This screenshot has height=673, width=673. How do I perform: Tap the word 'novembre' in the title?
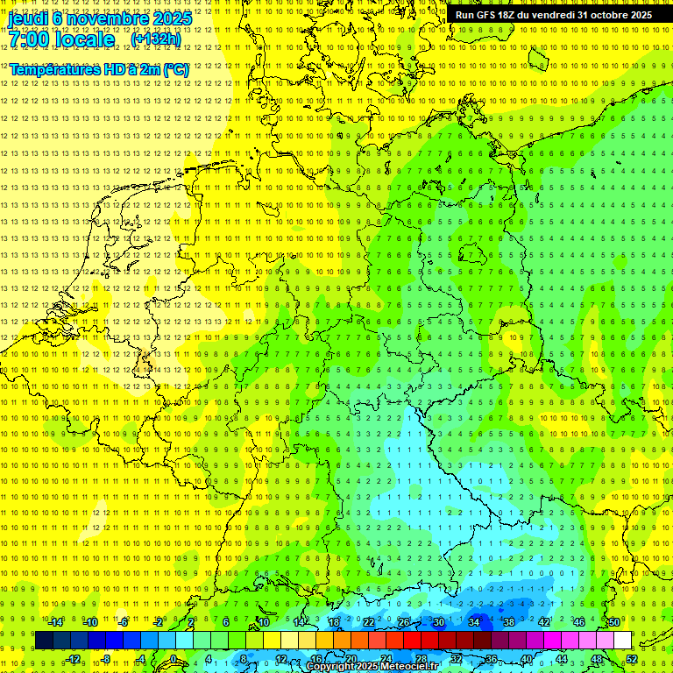click(x=105, y=18)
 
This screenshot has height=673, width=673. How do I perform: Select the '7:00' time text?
click(x=30, y=39)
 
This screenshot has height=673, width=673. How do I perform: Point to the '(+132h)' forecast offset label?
click(x=156, y=39)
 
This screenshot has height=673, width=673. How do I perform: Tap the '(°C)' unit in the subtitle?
click(x=174, y=68)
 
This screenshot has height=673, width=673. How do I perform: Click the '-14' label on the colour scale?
click(x=55, y=622)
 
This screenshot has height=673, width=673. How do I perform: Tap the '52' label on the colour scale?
click(x=632, y=659)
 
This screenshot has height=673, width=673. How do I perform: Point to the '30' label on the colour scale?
click(x=438, y=622)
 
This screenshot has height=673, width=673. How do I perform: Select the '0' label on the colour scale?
click(x=174, y=659)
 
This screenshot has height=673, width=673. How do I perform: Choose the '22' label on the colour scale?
click(x=369, y=622)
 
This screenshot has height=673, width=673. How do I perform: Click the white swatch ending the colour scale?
click(x=622, y=640)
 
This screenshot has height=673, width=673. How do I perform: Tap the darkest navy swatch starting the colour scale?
click(x=44, y=640)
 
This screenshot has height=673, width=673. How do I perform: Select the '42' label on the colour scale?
click(x=543, y=622)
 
